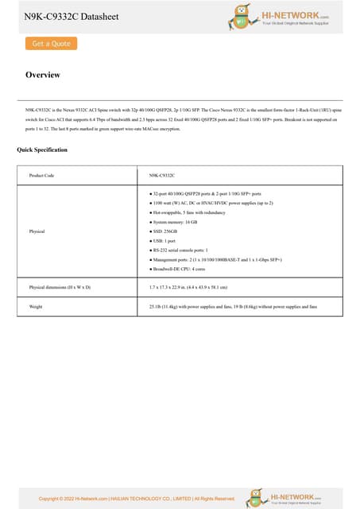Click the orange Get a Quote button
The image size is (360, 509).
point(51,44)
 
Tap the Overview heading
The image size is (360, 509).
point(42,76)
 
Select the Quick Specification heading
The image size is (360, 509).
point(42,150)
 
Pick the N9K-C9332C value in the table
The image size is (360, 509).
point(162,174)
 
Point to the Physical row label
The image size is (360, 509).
point(37,231)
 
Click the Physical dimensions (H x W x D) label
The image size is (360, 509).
point(60,286)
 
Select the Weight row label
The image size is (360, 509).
point(36,306)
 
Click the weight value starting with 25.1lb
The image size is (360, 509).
point(233,306)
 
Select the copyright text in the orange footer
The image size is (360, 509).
point(137,499)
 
